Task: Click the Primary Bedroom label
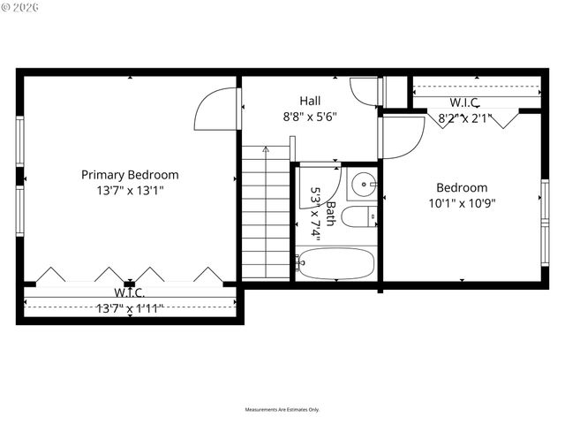pos(130,175)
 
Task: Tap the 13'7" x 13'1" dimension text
pos(130,190)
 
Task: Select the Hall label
pos(309,101)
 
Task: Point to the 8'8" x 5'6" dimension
pos(309,116)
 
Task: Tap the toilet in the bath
pos(358,217)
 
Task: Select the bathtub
pos(336,262)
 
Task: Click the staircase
pos(266,212)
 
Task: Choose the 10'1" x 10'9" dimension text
pos(462,202)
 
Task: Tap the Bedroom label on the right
pos(462,187)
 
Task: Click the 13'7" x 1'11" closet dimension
pos(130,307)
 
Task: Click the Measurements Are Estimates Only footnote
pos(282,410)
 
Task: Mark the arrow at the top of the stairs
pos(266,150)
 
